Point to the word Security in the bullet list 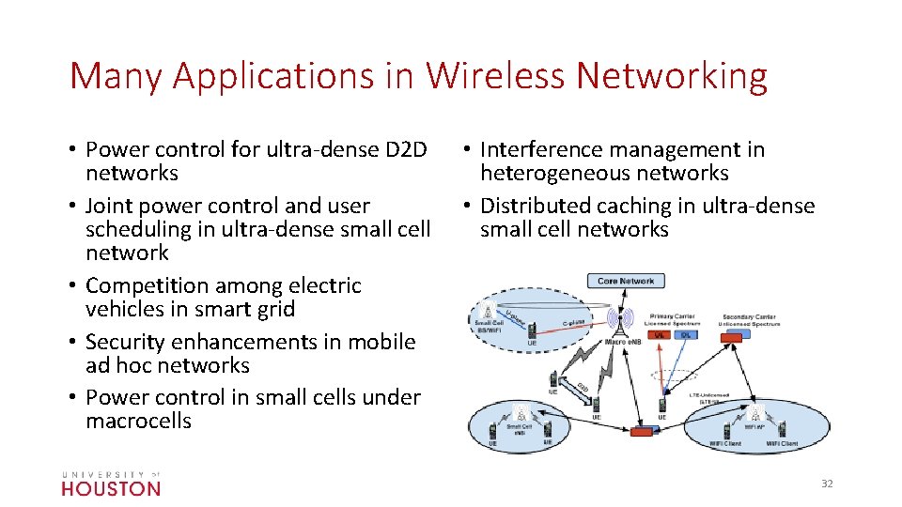click(x=125, y=342)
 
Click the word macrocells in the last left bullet click(x=138, y=421)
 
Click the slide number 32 click(x=827, y=484)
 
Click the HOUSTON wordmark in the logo click(x=111, y=488)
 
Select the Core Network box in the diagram click(x=626, y=281)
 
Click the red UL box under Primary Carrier click(x=660, y=334)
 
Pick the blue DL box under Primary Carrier click(x=685, y=334)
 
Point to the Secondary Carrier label click(x=749, y=317)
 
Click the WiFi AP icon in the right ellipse click(x=754, y=414)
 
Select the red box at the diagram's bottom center click(x=642, y=430)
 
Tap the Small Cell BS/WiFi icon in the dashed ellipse click(x=488, y=312)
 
